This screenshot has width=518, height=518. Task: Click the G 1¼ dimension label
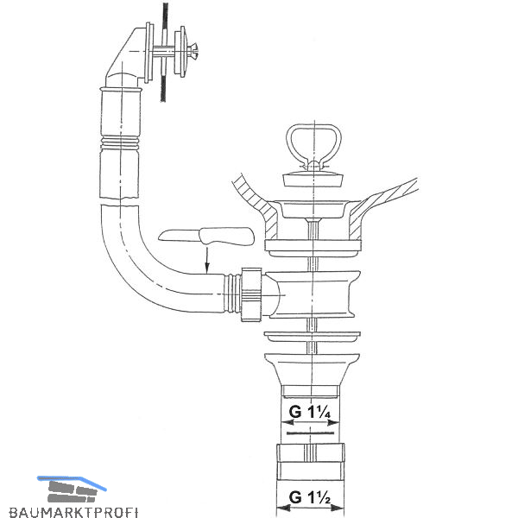pos(312,411)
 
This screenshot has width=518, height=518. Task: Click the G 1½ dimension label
pos(312,497)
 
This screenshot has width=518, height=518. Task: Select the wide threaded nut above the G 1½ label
pos(311,455)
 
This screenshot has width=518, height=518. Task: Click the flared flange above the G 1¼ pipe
pos(311,367)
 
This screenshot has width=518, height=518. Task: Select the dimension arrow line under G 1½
pos(312,511)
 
